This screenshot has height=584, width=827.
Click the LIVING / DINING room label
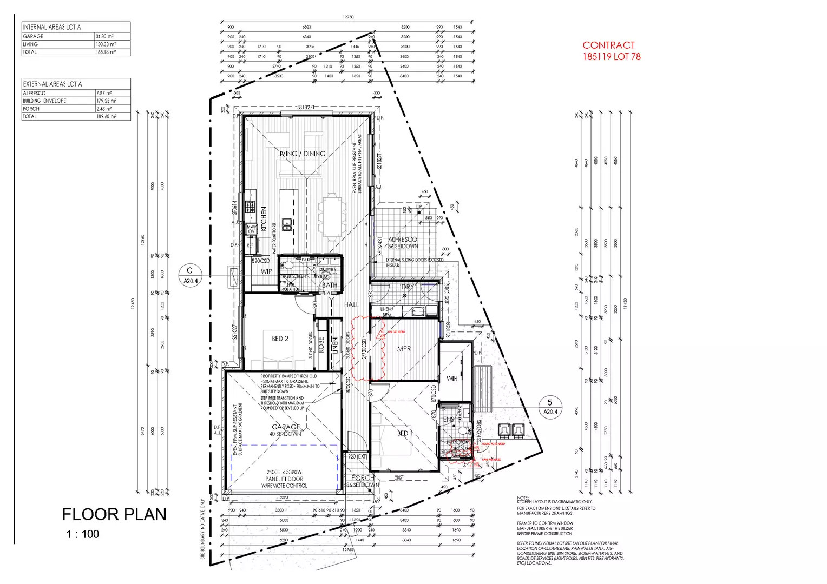301,154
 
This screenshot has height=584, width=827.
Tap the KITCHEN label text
264,218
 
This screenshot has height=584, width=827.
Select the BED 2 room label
280,339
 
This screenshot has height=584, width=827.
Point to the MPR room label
404,349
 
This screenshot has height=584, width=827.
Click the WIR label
452,379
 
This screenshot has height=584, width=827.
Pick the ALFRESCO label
403,239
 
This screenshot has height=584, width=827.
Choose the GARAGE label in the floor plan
286,427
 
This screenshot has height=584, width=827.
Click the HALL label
351,304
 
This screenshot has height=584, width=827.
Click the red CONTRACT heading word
608,45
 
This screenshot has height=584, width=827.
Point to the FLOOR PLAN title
114,514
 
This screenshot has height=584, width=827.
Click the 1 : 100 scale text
83,534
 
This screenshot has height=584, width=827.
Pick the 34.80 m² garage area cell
105,36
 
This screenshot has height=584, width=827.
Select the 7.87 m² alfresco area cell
104,93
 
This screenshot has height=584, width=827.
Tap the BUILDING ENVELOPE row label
44,101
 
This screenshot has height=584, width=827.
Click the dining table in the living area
331,216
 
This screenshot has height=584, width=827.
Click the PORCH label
363,477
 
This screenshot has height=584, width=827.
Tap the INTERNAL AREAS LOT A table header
52,27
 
